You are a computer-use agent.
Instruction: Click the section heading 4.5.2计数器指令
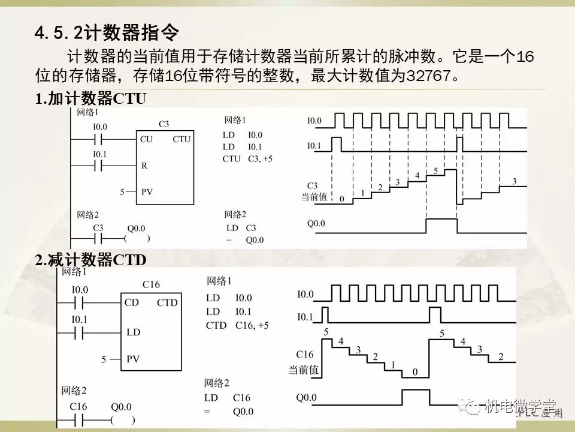[x=108, y=31]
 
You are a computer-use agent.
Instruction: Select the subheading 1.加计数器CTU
[x=90, y=100]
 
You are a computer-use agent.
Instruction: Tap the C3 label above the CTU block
[x=164, y=124]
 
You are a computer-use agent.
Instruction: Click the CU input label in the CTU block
[x=146, y=139]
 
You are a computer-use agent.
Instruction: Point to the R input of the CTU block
[x=144, y=165]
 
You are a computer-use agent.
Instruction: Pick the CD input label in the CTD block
[x=132, y=302]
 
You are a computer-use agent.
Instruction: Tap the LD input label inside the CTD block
[x=133, y=331]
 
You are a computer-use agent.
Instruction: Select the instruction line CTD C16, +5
[x=237, y=325]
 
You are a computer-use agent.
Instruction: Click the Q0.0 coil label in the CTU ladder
[x=136, y=229]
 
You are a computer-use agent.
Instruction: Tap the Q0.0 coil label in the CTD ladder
[x=121, y=407]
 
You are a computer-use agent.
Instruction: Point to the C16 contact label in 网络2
[x=78, y=406]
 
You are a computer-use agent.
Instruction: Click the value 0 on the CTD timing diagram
[x=415, y=372]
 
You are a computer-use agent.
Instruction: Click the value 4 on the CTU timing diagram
[x=417, y=176]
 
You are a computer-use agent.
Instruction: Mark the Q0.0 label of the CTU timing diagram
[x=316, y=224]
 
